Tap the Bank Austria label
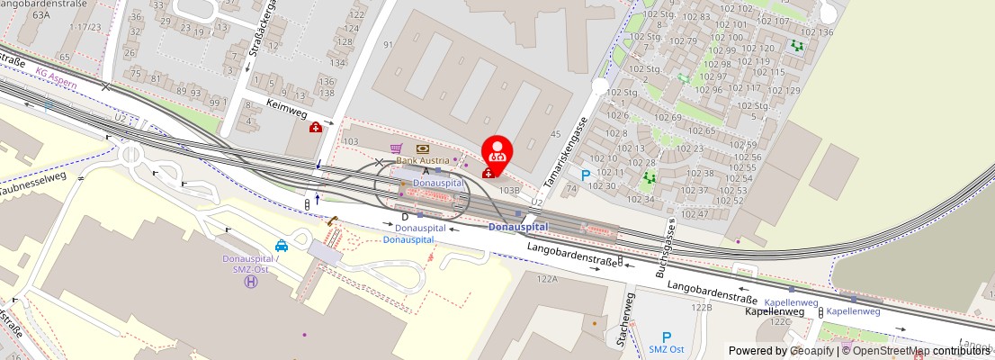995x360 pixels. [x=423, y=160]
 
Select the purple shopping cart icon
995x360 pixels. [x=397, y=148]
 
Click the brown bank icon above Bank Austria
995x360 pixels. [x=422, y=148]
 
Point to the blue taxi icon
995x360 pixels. [x=282, y=245]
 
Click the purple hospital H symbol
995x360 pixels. [x=251, y=282]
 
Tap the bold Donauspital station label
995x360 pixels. [x=518, y=227]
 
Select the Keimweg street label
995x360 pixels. [x=287, y=103]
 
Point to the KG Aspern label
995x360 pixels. [x=57, y=77]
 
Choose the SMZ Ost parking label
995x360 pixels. [x=667, y=349]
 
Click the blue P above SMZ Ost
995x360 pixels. [x=667, y=337]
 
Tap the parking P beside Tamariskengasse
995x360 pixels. [x=586, y=175]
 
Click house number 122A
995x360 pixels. [x=547, y=280]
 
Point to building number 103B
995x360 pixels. [x=510, y=190]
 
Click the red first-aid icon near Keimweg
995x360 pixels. [x=316, y=128]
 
